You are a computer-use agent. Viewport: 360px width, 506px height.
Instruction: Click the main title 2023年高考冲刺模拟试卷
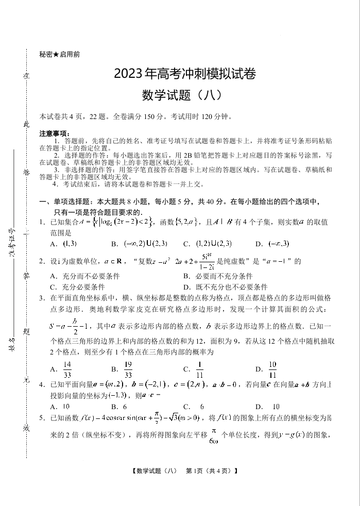pyautogui.click(x=185, y=74)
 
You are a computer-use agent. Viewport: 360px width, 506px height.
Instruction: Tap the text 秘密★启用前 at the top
pyautogui.click(x=59, y=54)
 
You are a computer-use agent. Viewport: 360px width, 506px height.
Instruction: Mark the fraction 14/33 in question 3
pyautogui.click(x=67, y=369)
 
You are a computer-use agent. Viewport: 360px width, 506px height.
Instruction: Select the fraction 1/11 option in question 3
pyautogui.click(x=200, y=369)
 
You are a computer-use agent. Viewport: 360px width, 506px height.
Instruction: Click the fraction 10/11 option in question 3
pyautogui.click(x=272, y=369)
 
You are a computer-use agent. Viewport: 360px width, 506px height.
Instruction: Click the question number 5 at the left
pyautogui.click(x=41, y=417)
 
